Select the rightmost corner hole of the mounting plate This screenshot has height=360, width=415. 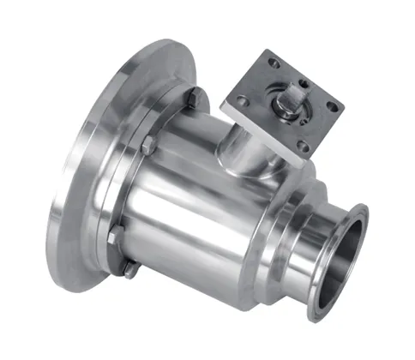(333, 107)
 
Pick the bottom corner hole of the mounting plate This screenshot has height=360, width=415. (303, 146)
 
